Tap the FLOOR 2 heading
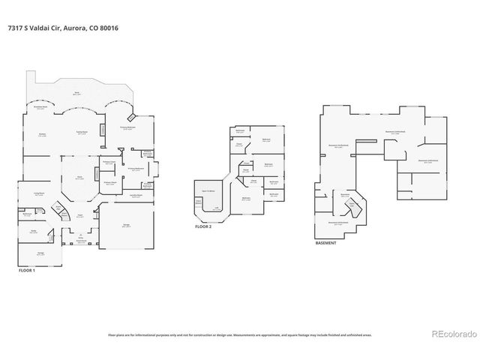pos(205,226)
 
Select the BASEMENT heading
pos(326,243)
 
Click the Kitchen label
pos(42,134)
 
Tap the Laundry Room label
pos(136,194)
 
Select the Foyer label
pos(77,215)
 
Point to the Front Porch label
pos(77,241)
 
